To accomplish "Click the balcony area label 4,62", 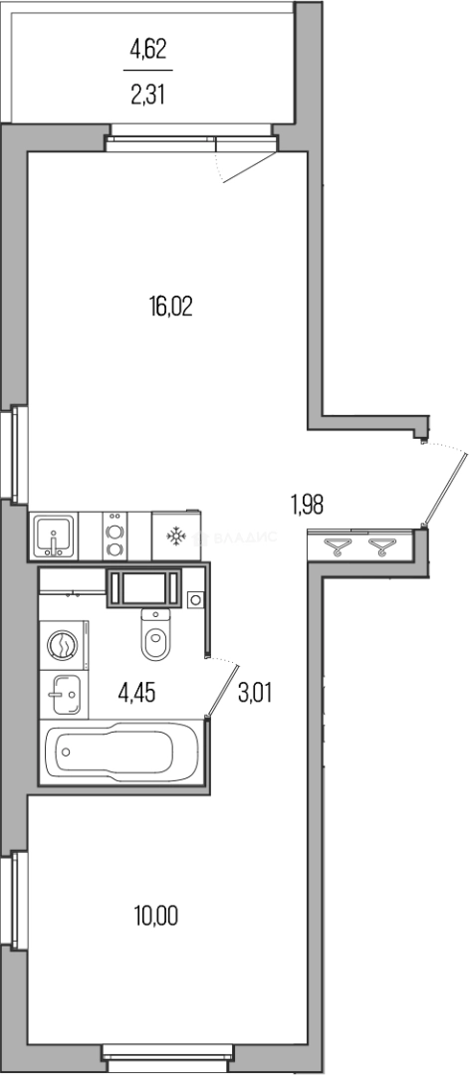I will point(149,46).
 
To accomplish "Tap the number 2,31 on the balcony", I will point(149,98).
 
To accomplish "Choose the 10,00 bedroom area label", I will point(156,913).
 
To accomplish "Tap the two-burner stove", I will point(115,538).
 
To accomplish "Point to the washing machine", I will point(63,645).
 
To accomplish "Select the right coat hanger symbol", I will point(381,546).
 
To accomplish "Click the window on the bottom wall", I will point(167,1051).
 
